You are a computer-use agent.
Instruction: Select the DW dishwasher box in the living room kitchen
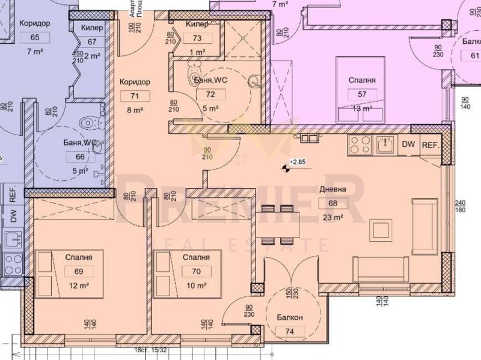click(x=408, y=145)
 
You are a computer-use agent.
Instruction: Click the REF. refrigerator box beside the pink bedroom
click(x=430, y=145)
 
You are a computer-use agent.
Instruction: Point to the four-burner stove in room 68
click(x=360, y=145)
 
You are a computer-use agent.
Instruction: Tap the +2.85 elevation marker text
click(x=298, y=162)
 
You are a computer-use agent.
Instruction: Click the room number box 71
click(x=135, y=96)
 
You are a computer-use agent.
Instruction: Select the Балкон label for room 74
click(x=290, y=316)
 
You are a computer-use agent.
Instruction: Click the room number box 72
click(x=210, y=94)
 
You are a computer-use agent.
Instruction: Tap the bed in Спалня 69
click(x=68, y=270)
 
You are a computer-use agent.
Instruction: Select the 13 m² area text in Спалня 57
click(x=362, y=109)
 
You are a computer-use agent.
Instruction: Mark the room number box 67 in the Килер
click(x=92, y=41)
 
